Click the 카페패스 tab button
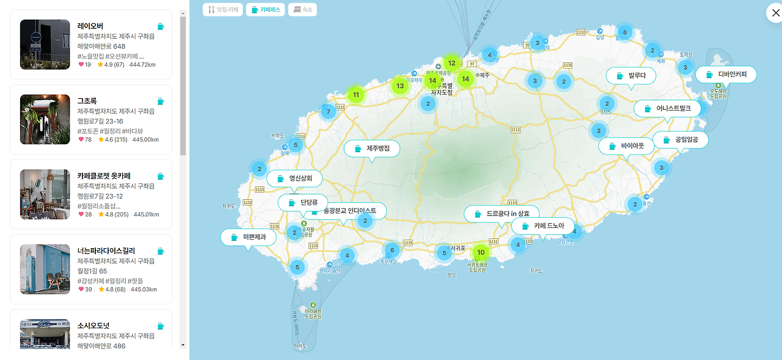coord(265,10)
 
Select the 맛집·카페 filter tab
coord(223,10)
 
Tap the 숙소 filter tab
coord(302,10)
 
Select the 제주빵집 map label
coord(372,149)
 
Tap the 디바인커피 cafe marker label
coord(726,75)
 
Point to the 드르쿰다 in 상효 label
coord(502,213)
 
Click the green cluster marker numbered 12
coord(451,62)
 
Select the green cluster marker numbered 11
coord(356,95)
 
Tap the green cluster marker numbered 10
coord(481,252)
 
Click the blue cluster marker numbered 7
coord(328,111)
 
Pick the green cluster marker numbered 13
coord(400,86)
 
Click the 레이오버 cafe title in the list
coord(90,26)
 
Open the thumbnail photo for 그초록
coord(45,119)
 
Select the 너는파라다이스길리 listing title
coord(106,251)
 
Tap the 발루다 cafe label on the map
coord(631,76)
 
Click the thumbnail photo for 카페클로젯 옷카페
coord(45,194)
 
